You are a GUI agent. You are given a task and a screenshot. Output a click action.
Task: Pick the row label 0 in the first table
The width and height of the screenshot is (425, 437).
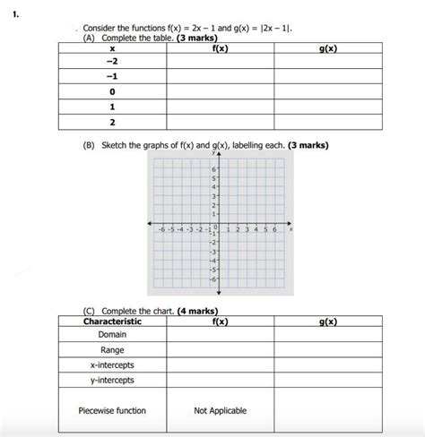click(112, 90)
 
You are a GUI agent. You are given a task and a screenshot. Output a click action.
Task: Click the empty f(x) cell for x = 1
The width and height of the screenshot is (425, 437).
click(220, 106)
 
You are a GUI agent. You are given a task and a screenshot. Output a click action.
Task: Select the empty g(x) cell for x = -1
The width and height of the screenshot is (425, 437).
click(327, 76)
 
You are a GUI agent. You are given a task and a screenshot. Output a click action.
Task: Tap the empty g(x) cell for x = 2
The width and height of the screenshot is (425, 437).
click(327, 121)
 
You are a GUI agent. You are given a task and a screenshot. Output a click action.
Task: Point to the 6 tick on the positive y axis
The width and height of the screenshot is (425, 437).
click(214, 169)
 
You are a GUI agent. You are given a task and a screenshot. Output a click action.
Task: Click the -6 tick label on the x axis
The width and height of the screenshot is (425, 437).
click(161, 229)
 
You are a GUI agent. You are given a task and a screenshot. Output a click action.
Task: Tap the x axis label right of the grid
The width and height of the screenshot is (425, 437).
click(291, 229)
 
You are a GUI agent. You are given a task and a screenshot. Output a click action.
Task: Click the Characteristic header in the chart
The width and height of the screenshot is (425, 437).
click(112, 321)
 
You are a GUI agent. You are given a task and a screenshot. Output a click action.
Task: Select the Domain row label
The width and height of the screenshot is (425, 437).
click(112, 334)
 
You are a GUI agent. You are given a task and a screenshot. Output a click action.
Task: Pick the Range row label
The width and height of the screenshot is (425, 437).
click(112, 350)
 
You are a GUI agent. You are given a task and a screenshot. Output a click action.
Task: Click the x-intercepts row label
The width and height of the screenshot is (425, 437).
click(112, 365)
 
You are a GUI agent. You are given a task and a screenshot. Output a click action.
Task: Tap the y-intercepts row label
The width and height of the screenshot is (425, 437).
click(112, 380)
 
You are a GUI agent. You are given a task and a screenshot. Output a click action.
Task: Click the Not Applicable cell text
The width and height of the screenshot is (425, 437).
click(220, 411)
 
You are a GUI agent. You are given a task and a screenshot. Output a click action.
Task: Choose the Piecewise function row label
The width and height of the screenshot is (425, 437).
click(112, 411)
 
